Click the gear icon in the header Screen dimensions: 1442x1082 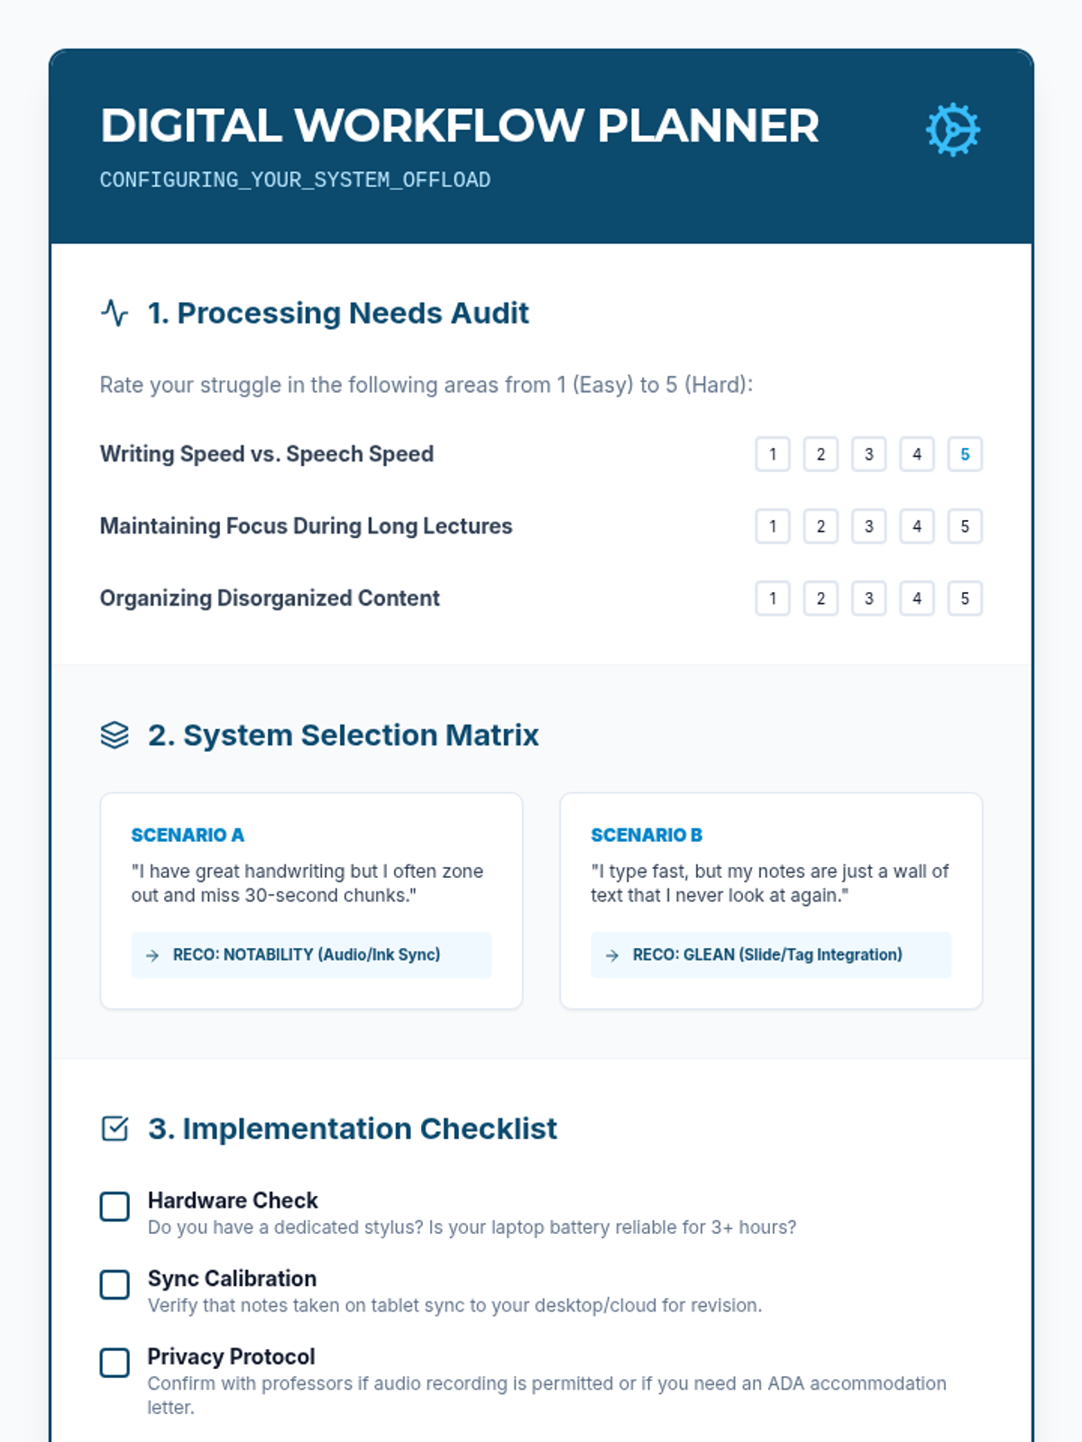(x=952, y=130)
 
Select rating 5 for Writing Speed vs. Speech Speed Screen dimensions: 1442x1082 (x=965, y=454)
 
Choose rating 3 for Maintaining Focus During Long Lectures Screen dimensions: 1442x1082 (x=868, y=526)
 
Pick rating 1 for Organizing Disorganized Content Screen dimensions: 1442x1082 (x=773, y=598)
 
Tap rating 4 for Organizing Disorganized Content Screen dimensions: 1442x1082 (x=917, y=598)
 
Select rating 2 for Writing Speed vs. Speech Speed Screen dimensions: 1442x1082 (x=821, y=454)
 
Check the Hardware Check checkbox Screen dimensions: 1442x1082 (x=115, y=1206)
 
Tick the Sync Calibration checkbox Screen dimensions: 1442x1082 (x=115, y=1284)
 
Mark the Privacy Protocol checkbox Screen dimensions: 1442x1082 (x=115, y=1363)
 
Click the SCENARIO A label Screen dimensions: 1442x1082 (x=188, y=835)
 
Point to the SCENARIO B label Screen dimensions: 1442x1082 (x=646, y=835)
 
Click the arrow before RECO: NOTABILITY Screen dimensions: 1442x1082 (x=152, y=955)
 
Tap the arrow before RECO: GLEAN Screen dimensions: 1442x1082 (x=612, y=955)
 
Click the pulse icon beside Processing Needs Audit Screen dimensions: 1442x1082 (x=115, y=313)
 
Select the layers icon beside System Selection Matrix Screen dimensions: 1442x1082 (x=115, y=735)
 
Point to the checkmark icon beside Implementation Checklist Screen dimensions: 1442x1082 (x=115, y=1128)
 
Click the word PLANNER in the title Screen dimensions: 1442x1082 (x=708, y=126)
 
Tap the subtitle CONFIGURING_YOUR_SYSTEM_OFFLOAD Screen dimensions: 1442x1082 (x=295, y=180)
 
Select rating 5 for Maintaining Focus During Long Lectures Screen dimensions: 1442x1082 (x=965, y=526)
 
